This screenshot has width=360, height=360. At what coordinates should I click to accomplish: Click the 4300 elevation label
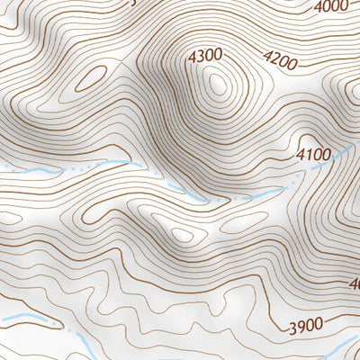pyautogui.click(x=205, y=56)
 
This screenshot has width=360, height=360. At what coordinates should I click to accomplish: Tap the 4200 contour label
pyautogui.click(x=279, y=61)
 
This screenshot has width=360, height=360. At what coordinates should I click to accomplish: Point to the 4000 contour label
pyautogui.click(x=332, y=7)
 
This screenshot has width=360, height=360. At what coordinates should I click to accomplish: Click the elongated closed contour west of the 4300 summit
pyautogui.click(x=89, y=78)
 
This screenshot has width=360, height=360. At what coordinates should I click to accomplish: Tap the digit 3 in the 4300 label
pyautogui.click(x=201, y=56)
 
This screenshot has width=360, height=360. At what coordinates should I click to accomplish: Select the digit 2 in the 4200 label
pyautogui.click(x=274, y=61)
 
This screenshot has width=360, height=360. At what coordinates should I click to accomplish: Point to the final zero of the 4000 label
pyautogui.click(x=345, y=5)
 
